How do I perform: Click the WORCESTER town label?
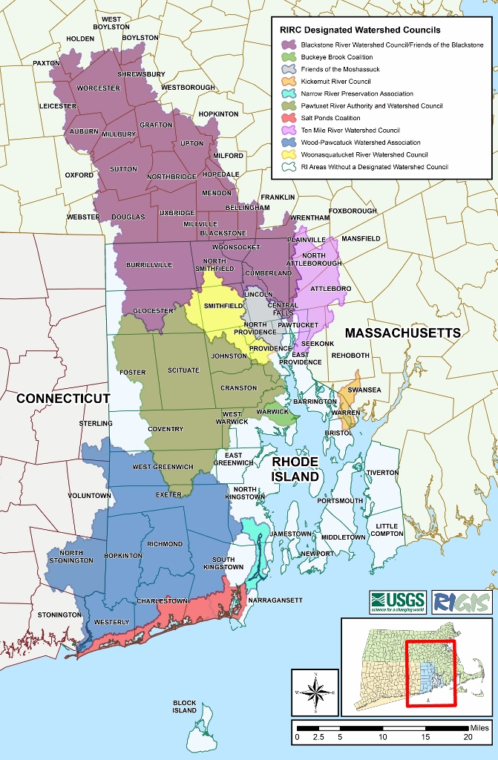(x=98, y=88)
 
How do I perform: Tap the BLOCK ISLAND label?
(x=185, y=706)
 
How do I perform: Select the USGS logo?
(x=397, y=600)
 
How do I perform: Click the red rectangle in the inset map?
(x=432, y=664)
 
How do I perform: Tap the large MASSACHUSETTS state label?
(x=402, y=333)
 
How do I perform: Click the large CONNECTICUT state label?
(x=63, y=399)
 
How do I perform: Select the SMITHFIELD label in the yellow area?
(x=223, y=306)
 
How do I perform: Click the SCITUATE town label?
(x=183, y=370)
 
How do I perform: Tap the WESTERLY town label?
(x=112, y=622)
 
